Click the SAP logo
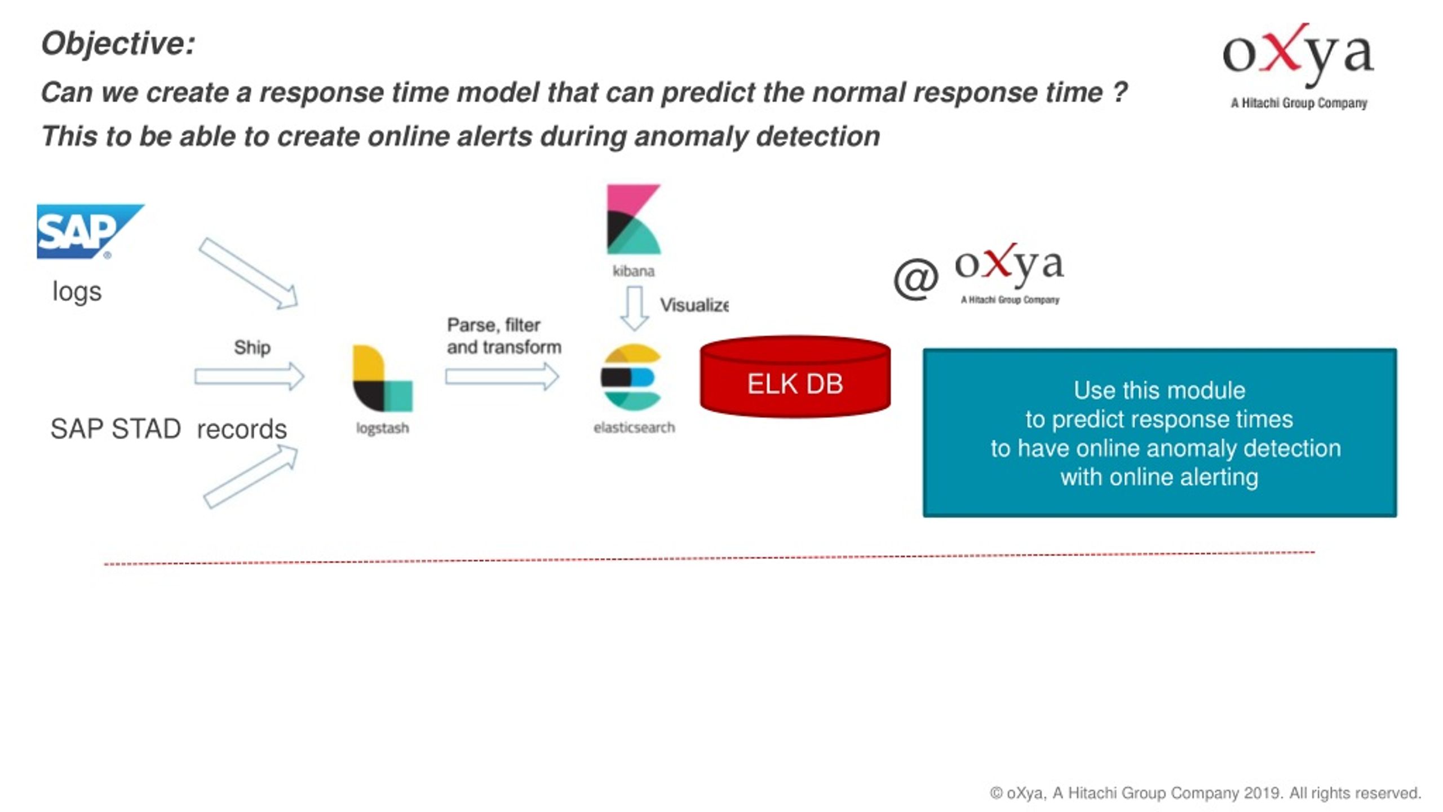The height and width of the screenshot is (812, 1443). point(90,231)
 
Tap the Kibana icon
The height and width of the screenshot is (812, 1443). point(633,219)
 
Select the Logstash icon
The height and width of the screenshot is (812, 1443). point(382,378)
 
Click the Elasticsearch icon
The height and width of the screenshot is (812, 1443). point(631,377)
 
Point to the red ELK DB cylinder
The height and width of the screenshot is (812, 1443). point(795,377)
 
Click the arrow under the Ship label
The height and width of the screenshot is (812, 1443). point(250,376)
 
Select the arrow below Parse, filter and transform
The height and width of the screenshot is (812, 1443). point(502,376)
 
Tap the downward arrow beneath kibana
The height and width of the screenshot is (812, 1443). point(635,308)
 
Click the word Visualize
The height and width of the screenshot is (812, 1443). point(694,305)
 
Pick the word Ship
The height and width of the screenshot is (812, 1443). point(252,347)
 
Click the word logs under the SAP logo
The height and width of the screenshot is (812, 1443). point(77,292)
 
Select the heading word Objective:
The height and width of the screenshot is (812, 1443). point(118,43)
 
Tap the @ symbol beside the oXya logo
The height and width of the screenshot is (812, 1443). point(916,279)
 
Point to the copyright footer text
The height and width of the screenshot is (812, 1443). point(1205,793)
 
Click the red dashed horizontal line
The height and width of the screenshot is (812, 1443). point(710,558)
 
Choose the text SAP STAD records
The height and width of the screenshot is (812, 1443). point(169,429)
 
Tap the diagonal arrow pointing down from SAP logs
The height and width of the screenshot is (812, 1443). point(248,273)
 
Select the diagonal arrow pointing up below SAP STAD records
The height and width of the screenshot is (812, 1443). point(251,476)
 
